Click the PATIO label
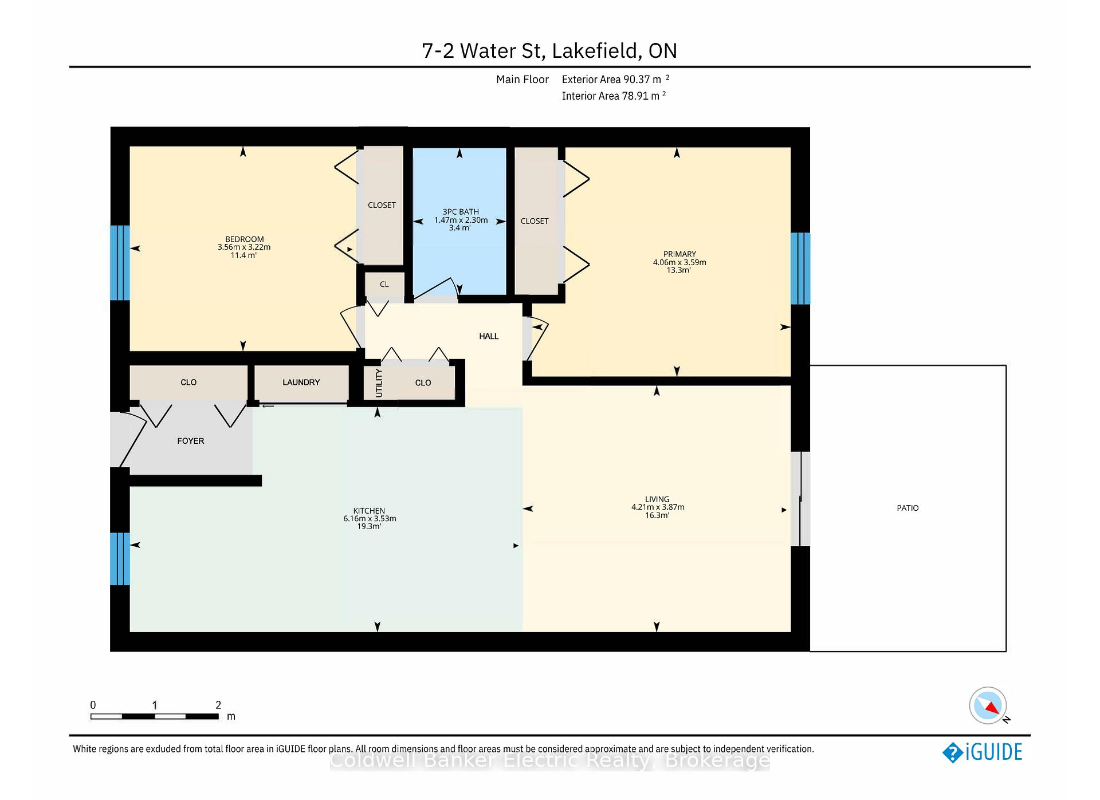pyautogui.click(x=907, y=508)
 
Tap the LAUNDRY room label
pyautogui.click(x=301, y=382)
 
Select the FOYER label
pyautogui.click(x=191, y=441)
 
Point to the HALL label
pyautogui.click(x=489, y=336)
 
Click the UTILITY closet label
pyautogui.click(x=379, y=383)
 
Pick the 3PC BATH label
pyautogui.click(x=461, y=212)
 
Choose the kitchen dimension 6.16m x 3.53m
pyautogui.click(x=370, y=519)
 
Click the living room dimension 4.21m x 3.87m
pyautogui.click(x=658, y=507)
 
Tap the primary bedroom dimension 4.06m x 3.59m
pyautogui.click(x=679, y=262)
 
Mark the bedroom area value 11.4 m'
pyautogui.click(x=243, y=255)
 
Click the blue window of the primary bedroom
pyautogui.click(x=800, y=268)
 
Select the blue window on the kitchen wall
pyautogui.click(x=120, y=558)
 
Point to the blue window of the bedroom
pyautogui.click(x=120, y=263)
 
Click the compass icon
pyautogui.click(x=988, y=706)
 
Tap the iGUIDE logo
pyautogui.click(x=983, y=752)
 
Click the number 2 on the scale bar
pyautogui.click(x=218, y=705)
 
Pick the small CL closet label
pyautogui.click(x=384, y=284)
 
